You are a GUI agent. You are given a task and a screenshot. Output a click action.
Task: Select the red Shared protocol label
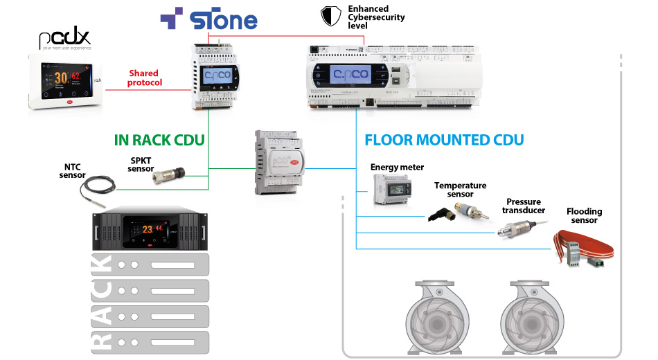[x=144, y=78]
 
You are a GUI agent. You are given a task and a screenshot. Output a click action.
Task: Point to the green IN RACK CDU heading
[x=159, y=140]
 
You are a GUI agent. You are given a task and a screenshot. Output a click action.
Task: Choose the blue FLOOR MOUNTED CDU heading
[x=444, y=140]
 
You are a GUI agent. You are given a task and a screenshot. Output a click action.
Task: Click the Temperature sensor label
[x=461, y=190]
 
